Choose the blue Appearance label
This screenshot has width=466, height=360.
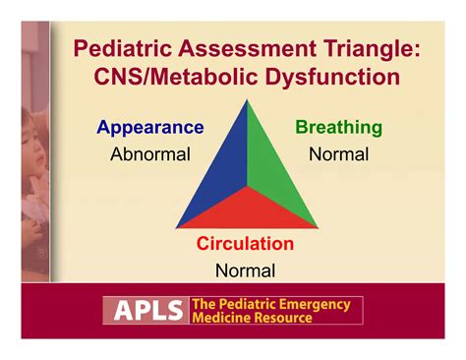click(149, 128)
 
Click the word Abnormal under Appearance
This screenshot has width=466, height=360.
click(149, 154)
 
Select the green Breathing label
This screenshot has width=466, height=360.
click(338, 128)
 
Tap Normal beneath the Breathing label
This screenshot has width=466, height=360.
click(338, 154)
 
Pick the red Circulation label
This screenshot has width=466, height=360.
click(245, 244)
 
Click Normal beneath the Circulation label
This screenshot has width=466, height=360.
click(245, 270)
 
